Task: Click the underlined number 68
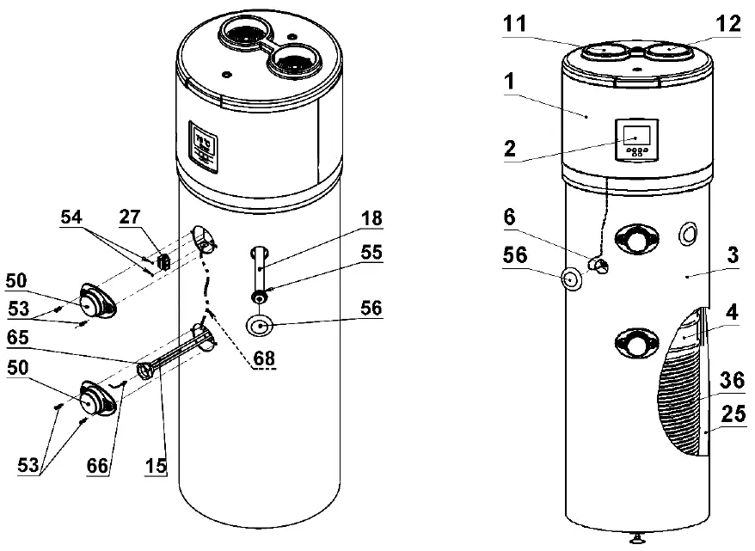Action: [264, 362]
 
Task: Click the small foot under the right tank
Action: [636, 539]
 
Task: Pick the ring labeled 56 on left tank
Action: [261, 326]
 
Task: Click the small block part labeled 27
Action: [161, 257]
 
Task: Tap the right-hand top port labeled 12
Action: [667, 52]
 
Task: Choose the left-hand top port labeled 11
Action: [605, 52]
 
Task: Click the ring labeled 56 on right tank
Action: [570, 279]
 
